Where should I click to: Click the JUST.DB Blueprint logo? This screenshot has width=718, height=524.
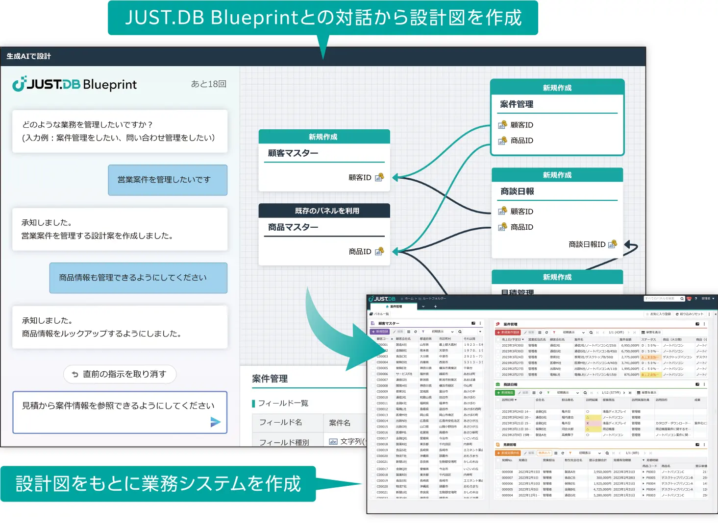tap(74, 84)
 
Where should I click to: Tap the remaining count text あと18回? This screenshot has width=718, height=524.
tap(208, 84)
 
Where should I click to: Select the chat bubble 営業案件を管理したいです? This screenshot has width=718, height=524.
tap(168, 180)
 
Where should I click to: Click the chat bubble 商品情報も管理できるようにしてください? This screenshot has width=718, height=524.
tap(138, 278)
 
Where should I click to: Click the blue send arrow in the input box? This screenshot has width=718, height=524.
tap(215, 422)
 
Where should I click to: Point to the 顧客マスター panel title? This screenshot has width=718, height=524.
tap(293, 153)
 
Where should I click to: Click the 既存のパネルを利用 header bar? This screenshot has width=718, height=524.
tap(324, 211)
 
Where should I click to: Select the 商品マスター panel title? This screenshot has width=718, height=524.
tap(293, 227)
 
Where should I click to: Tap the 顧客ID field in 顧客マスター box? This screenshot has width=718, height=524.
tap(360, 177)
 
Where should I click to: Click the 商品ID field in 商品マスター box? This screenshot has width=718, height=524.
tap(360, 251)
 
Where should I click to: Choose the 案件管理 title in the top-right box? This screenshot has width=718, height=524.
tap(517, 104)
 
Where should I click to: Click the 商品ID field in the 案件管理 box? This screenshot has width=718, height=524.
tap(521, 141)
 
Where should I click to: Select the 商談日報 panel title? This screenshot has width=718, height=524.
tap(517, 191)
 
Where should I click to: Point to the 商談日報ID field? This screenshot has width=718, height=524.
tap(587, 244)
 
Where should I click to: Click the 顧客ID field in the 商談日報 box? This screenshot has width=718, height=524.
tap(521, 212)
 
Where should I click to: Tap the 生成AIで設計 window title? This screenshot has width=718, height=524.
tap(29, 56)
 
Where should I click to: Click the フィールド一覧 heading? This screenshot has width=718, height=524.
tap(283, 403)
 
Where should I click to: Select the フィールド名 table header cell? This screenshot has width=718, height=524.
tap(280, 422)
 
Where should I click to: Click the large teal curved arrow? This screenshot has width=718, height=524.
tap(333, 333)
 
